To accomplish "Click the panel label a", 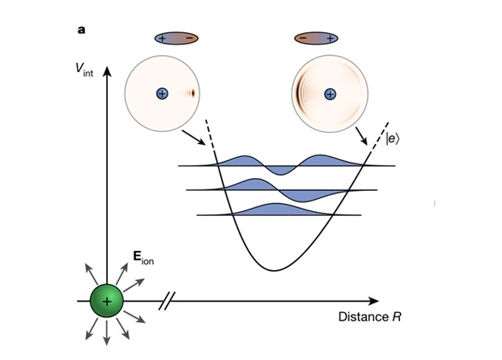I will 81,31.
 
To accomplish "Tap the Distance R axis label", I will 369,316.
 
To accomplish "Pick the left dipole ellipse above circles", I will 175,38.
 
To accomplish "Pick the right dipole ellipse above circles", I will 316,38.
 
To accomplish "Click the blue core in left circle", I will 163,94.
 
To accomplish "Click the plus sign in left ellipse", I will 162,38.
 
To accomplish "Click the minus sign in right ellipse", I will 302,38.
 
